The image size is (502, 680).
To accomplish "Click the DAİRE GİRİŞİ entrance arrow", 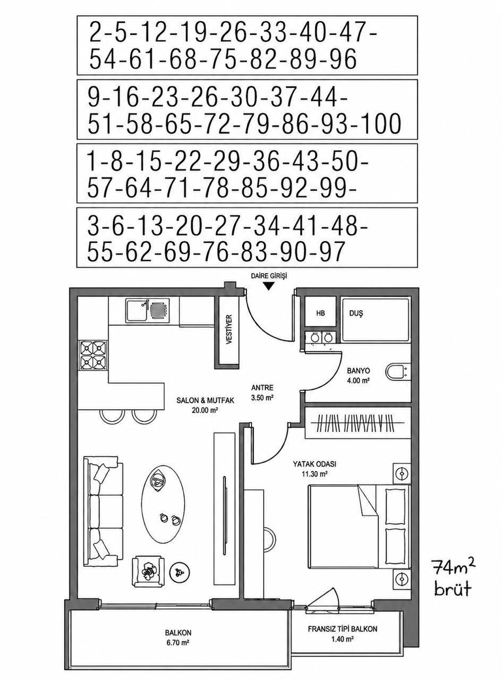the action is pos(269,286).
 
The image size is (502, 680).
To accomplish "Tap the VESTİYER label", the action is pos(229,330).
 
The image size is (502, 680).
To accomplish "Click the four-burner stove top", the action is pos(93,355).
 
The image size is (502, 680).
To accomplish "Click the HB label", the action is pos(320,313).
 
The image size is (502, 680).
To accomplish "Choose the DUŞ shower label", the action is pos(356,313).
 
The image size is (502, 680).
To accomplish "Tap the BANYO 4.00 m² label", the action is pos(358,376).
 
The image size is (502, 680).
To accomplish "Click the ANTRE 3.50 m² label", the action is pos(262,393).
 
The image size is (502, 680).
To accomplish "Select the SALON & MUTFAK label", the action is pos(205,405).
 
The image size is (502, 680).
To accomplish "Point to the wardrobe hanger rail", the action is pos(358,423).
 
